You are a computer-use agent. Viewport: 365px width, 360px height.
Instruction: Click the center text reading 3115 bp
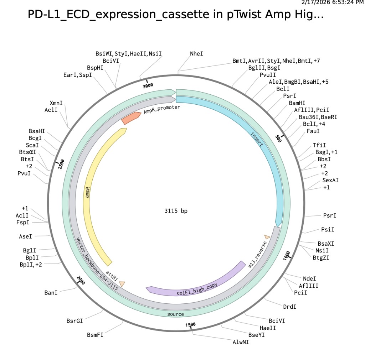(176, 211)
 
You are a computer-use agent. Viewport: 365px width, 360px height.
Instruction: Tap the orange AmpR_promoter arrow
(131, 118)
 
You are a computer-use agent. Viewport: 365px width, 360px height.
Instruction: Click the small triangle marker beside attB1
(122, 284)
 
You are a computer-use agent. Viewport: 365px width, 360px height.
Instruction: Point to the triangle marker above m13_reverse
(267, 237)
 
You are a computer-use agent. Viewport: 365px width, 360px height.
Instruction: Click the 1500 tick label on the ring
(191, 324)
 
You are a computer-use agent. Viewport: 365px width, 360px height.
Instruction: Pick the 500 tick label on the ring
(278, 139)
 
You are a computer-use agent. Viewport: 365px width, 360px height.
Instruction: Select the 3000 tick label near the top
(148, 85)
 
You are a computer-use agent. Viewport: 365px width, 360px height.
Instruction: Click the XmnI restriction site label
(56, 103)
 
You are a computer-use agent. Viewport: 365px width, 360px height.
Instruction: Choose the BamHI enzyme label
(297, 103)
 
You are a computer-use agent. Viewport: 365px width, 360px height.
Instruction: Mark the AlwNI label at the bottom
(241, 342)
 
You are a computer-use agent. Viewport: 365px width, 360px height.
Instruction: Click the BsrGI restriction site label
(74, 320)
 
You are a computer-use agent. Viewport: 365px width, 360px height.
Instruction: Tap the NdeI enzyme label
(309, 278)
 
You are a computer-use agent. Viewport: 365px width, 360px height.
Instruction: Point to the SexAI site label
(330, 180)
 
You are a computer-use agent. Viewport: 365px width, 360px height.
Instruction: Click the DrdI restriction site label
(289, 306)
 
